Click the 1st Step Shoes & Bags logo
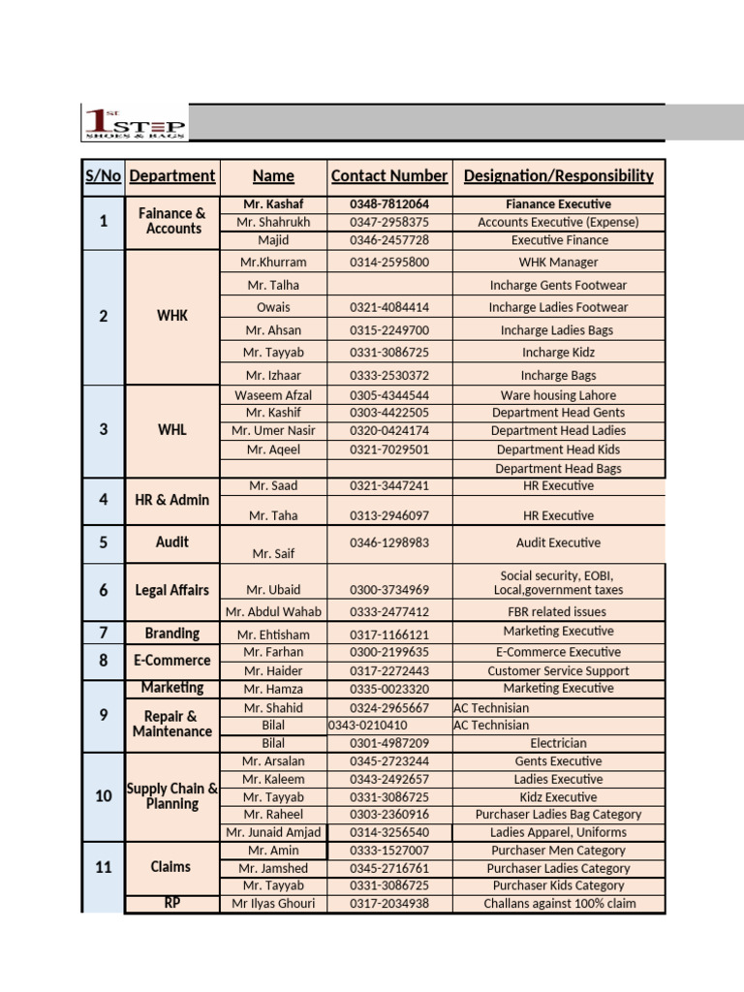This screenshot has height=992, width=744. (x=134, y=123)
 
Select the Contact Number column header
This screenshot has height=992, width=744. (x=389, y=176)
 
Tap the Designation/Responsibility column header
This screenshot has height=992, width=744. (x=558, y=176)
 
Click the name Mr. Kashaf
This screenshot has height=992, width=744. (x=273, y=204)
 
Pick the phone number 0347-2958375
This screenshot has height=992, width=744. (x=389, y=222)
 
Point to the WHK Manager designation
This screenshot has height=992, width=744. (x=558, y=263)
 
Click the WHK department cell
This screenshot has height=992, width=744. (x=172, y=316)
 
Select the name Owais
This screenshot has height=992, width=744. (x=273, y=307)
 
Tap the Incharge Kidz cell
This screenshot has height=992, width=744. (x=558, y=353)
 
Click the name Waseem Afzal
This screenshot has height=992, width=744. (x=273, y=395)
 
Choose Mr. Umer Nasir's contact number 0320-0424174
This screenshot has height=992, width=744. (x=389, y=431)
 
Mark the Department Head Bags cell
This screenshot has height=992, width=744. (x=558, y=469)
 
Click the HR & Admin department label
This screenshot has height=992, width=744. (x=172, y=500)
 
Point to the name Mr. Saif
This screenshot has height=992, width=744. (x=273, y=554)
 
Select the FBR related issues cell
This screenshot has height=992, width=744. (x=558, y=612)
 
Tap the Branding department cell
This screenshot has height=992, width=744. (x=172, y=634)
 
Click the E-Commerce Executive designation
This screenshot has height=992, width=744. (x=558, y=652)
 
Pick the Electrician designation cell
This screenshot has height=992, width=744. (x=558, y=743)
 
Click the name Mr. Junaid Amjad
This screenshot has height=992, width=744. (x=273, y=832)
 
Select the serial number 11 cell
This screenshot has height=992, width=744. (x=104, y=867)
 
